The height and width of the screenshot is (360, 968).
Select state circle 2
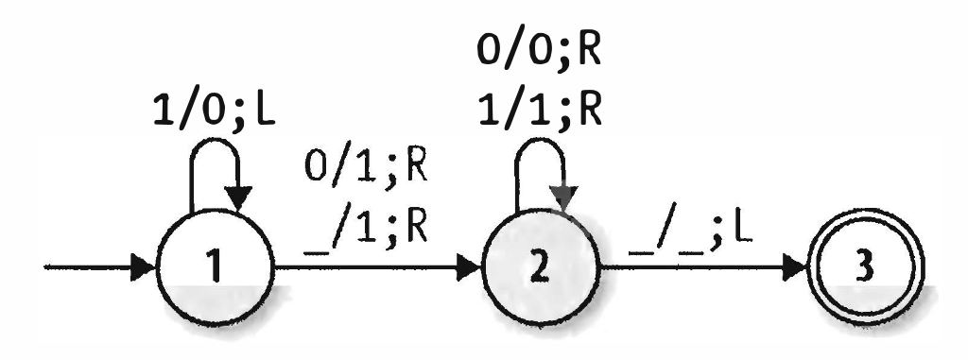coord(540,271)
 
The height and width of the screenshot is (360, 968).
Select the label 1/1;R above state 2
coord(540,109)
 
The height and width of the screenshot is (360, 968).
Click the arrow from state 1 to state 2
coord(378,271)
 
